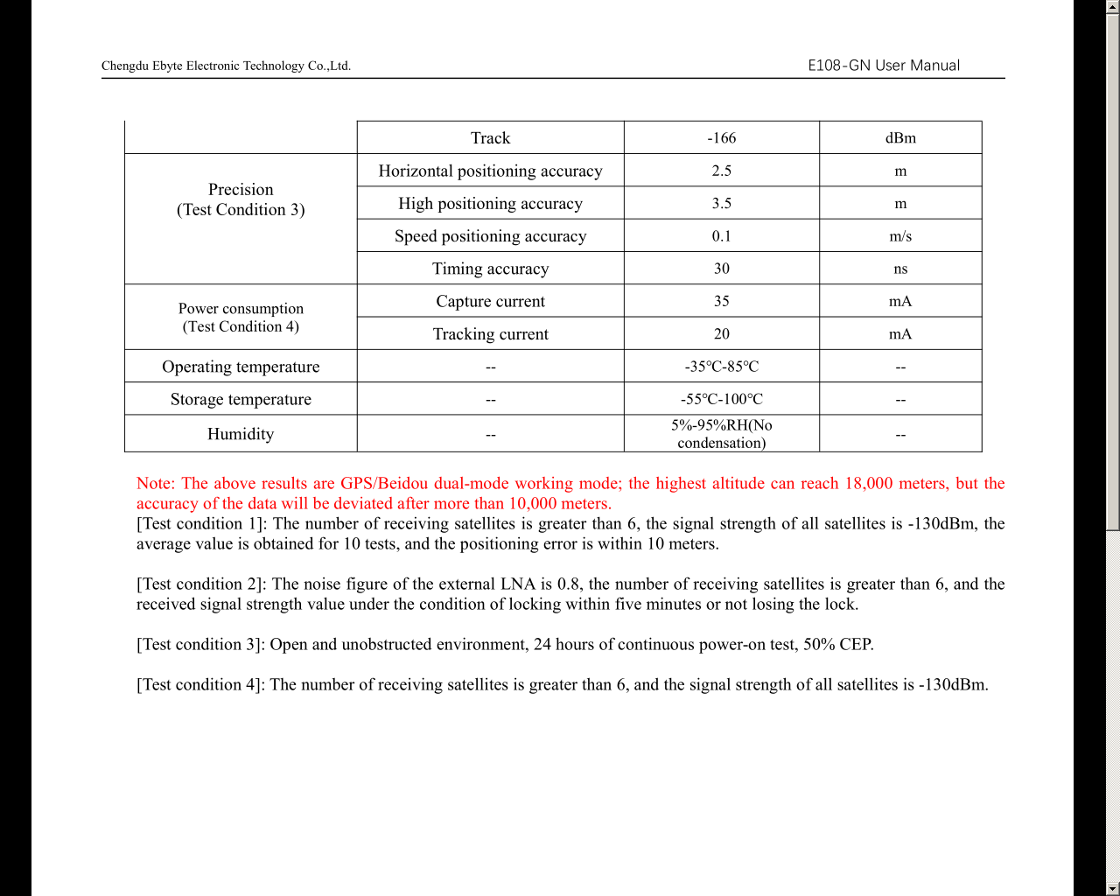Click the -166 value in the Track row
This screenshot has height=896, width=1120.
pyautogui.click(x=721, y=138)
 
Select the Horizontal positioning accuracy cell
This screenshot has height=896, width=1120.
pyautogui.click(x=490, y=171)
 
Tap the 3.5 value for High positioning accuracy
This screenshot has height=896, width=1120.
pyautogui.click(x=721, y=204)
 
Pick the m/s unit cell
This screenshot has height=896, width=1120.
pyautogui.click(x=900, y=236)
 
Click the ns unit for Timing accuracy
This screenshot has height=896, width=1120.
pyautogui.click(x=900, y=269)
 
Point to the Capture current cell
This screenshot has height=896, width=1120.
pyautogui.click(x=490, y=302)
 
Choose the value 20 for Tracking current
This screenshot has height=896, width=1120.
pyautogui.click(x=721, y=334)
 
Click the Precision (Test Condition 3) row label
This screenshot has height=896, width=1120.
pyautogui.click(x=241, y=199)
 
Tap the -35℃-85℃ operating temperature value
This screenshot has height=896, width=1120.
pyautogui.click(x=721, y=367)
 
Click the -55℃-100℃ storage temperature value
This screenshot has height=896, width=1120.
pyautogui.click(x=721, y=399)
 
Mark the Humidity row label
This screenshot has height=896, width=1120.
pyautogui.click(x=241, y=434)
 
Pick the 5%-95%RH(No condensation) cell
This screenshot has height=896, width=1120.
pyautogui.click(x=721, y=434)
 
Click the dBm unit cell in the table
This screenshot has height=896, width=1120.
pyautogui.click(x=900, y=138)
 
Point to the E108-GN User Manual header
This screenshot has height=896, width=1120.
pyautogui.click(x=883, y=66)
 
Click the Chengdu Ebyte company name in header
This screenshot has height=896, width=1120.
pyautogui.click(x=226, y=66)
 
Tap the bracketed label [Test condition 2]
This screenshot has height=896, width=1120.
pyautogui.click(x=201, y=584)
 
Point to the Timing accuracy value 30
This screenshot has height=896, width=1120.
pyautogui.click(x=721, y=269)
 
